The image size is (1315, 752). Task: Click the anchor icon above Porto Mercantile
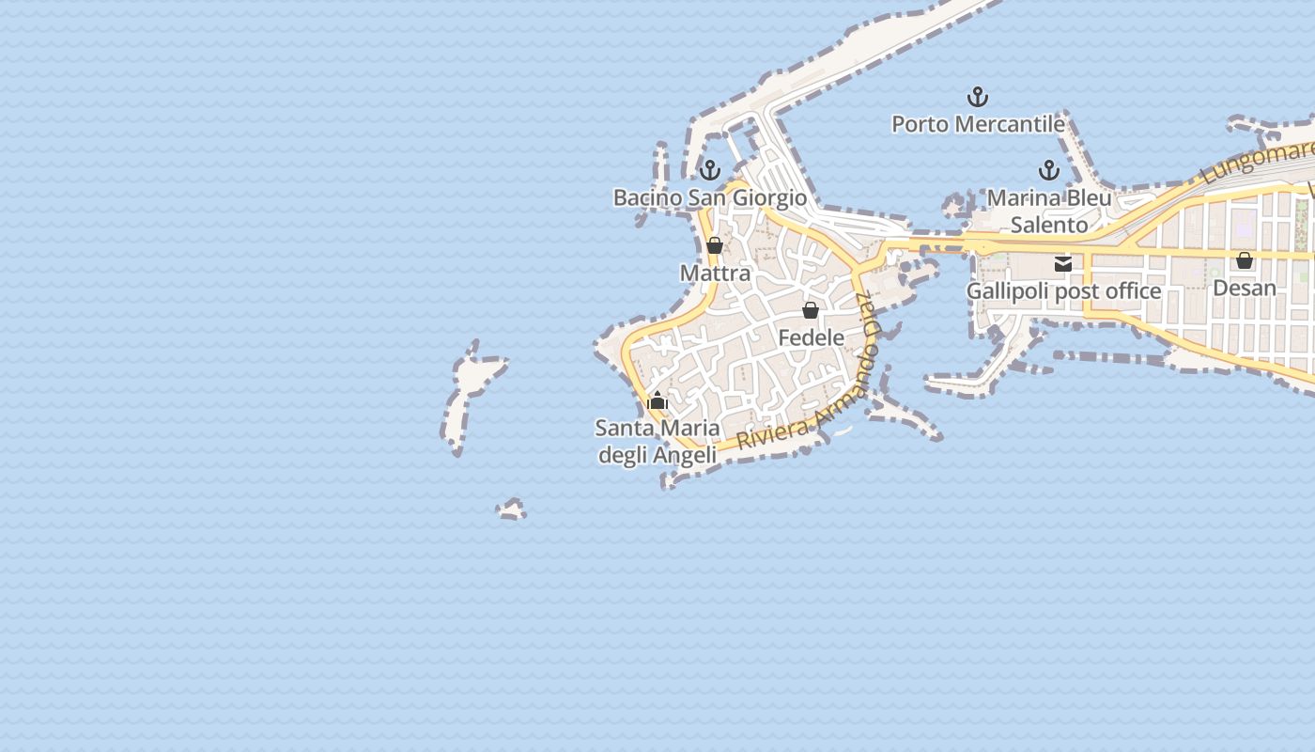[x=978, y=97]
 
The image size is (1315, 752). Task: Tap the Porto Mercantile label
[x=978, y=124]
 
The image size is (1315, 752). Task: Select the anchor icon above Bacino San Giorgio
[x=710, y=170]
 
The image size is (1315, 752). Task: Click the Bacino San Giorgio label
[x=709, y=198]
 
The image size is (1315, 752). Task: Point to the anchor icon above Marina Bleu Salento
[x=1048, y=170]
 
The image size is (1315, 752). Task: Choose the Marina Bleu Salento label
[x=1049, y=211]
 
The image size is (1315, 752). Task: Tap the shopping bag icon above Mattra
[x=715, y=245]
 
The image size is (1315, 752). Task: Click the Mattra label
[x=715, y=274]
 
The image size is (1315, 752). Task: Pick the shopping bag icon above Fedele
[x=811, y=310]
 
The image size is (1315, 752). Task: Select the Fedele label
[x=811, y=337]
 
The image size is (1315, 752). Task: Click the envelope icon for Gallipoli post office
[x=1063, y=264]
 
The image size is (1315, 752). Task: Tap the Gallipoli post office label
[x=1063, y=291]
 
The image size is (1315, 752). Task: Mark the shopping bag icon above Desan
[x=1245, y=260]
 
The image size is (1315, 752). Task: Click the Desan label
[x=1245, y=288]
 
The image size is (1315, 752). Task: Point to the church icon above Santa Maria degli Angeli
[x=657, y=401]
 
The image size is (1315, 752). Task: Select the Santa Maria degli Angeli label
[x=657, y=442]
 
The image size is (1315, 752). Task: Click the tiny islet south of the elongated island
[x=511, y=510]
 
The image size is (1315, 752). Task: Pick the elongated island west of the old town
[x=470, y=395]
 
